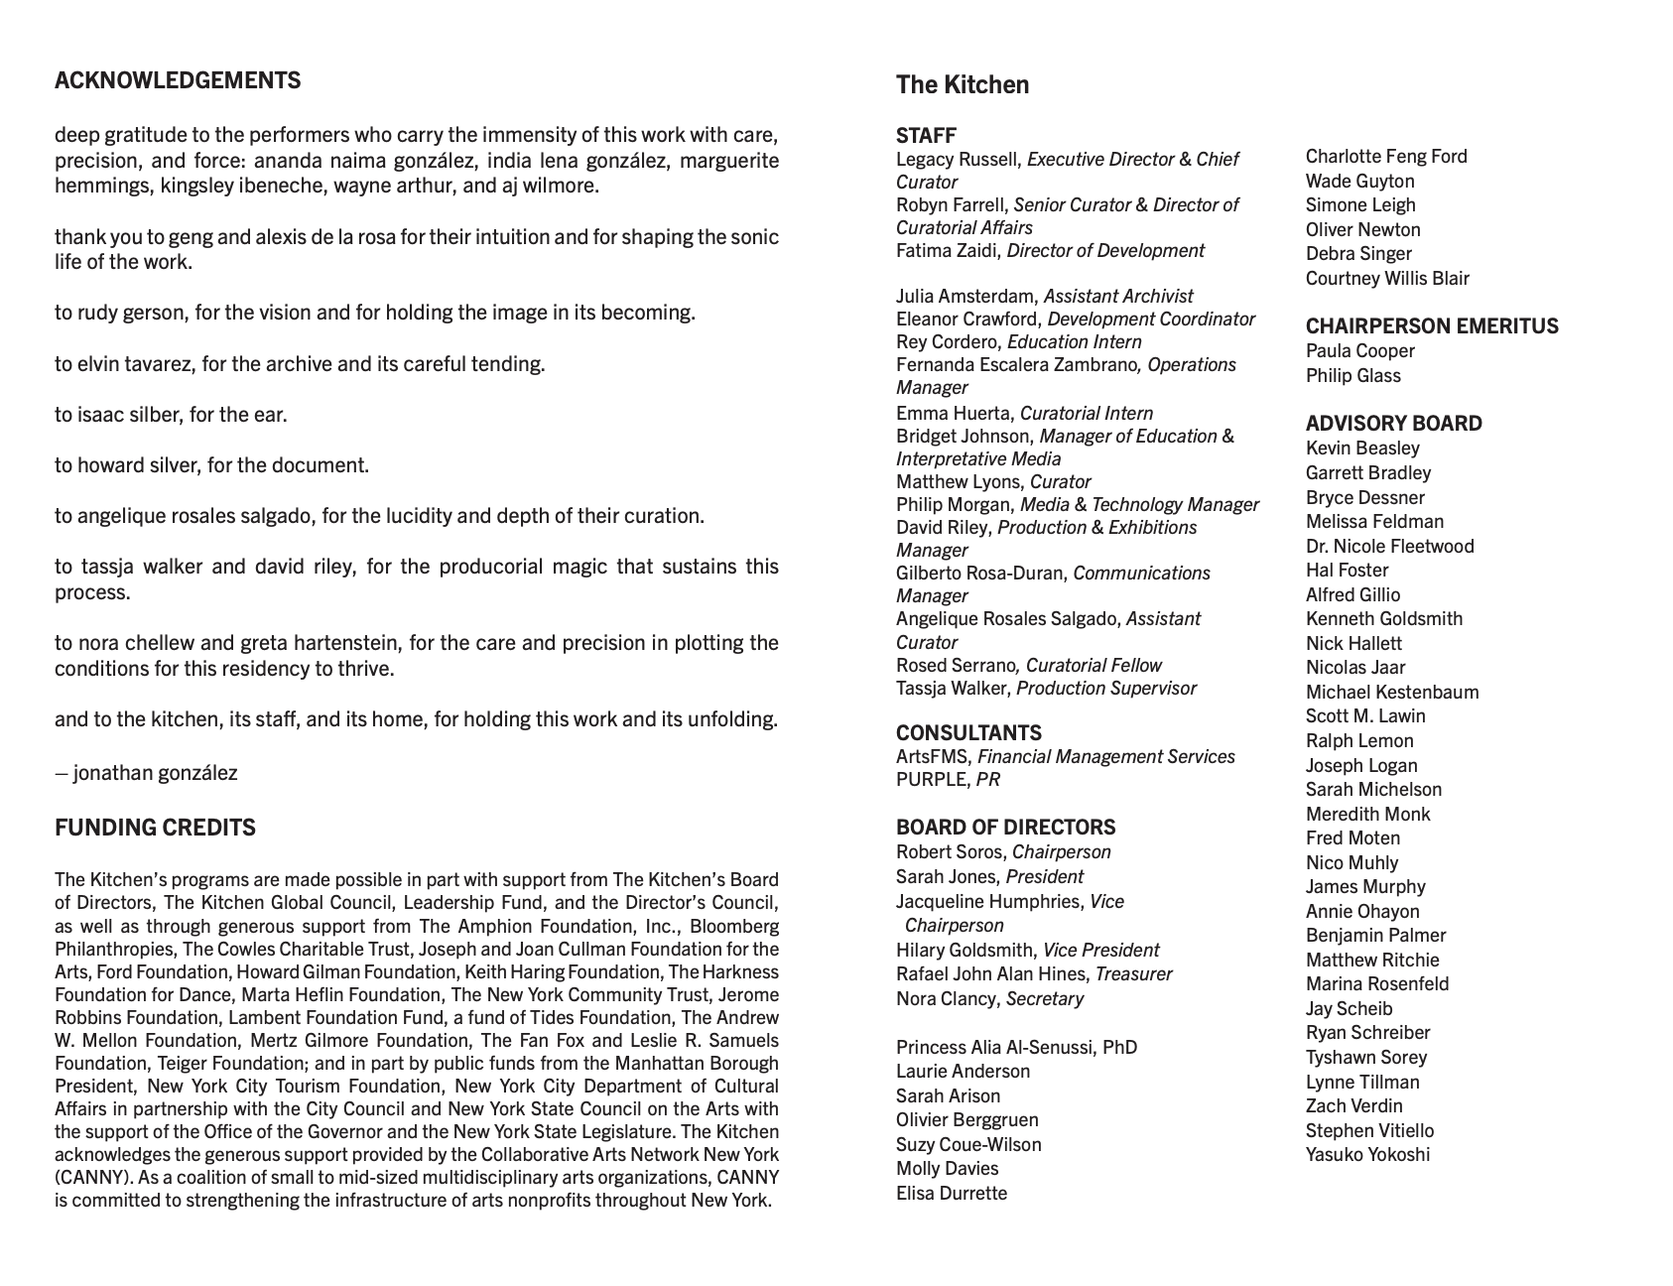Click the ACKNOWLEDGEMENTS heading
[x=178, y=80]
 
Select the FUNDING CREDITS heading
[x=155, y=828]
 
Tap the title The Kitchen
[x=962, y=85]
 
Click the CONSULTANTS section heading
[x=968, y=732]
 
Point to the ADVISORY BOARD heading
[x=1393, y=424]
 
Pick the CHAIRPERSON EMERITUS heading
[x=1431, y=326]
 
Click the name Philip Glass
[x=1352, y=375]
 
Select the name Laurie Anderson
[x=963, y=1071]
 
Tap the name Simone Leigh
[x=1359, y=204]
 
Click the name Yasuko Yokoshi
[x=1367, y=1154]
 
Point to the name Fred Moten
[x=1352, y=837]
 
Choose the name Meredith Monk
[x=1367, y=814]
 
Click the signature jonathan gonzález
[x=155, y=772]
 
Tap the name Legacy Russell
[x=958, y=159]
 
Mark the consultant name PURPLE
[x=931, y=779]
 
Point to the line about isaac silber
[x=171, y=414]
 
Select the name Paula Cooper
[x=1359, y=350]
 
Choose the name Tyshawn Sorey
[x=1365, y=1057]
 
